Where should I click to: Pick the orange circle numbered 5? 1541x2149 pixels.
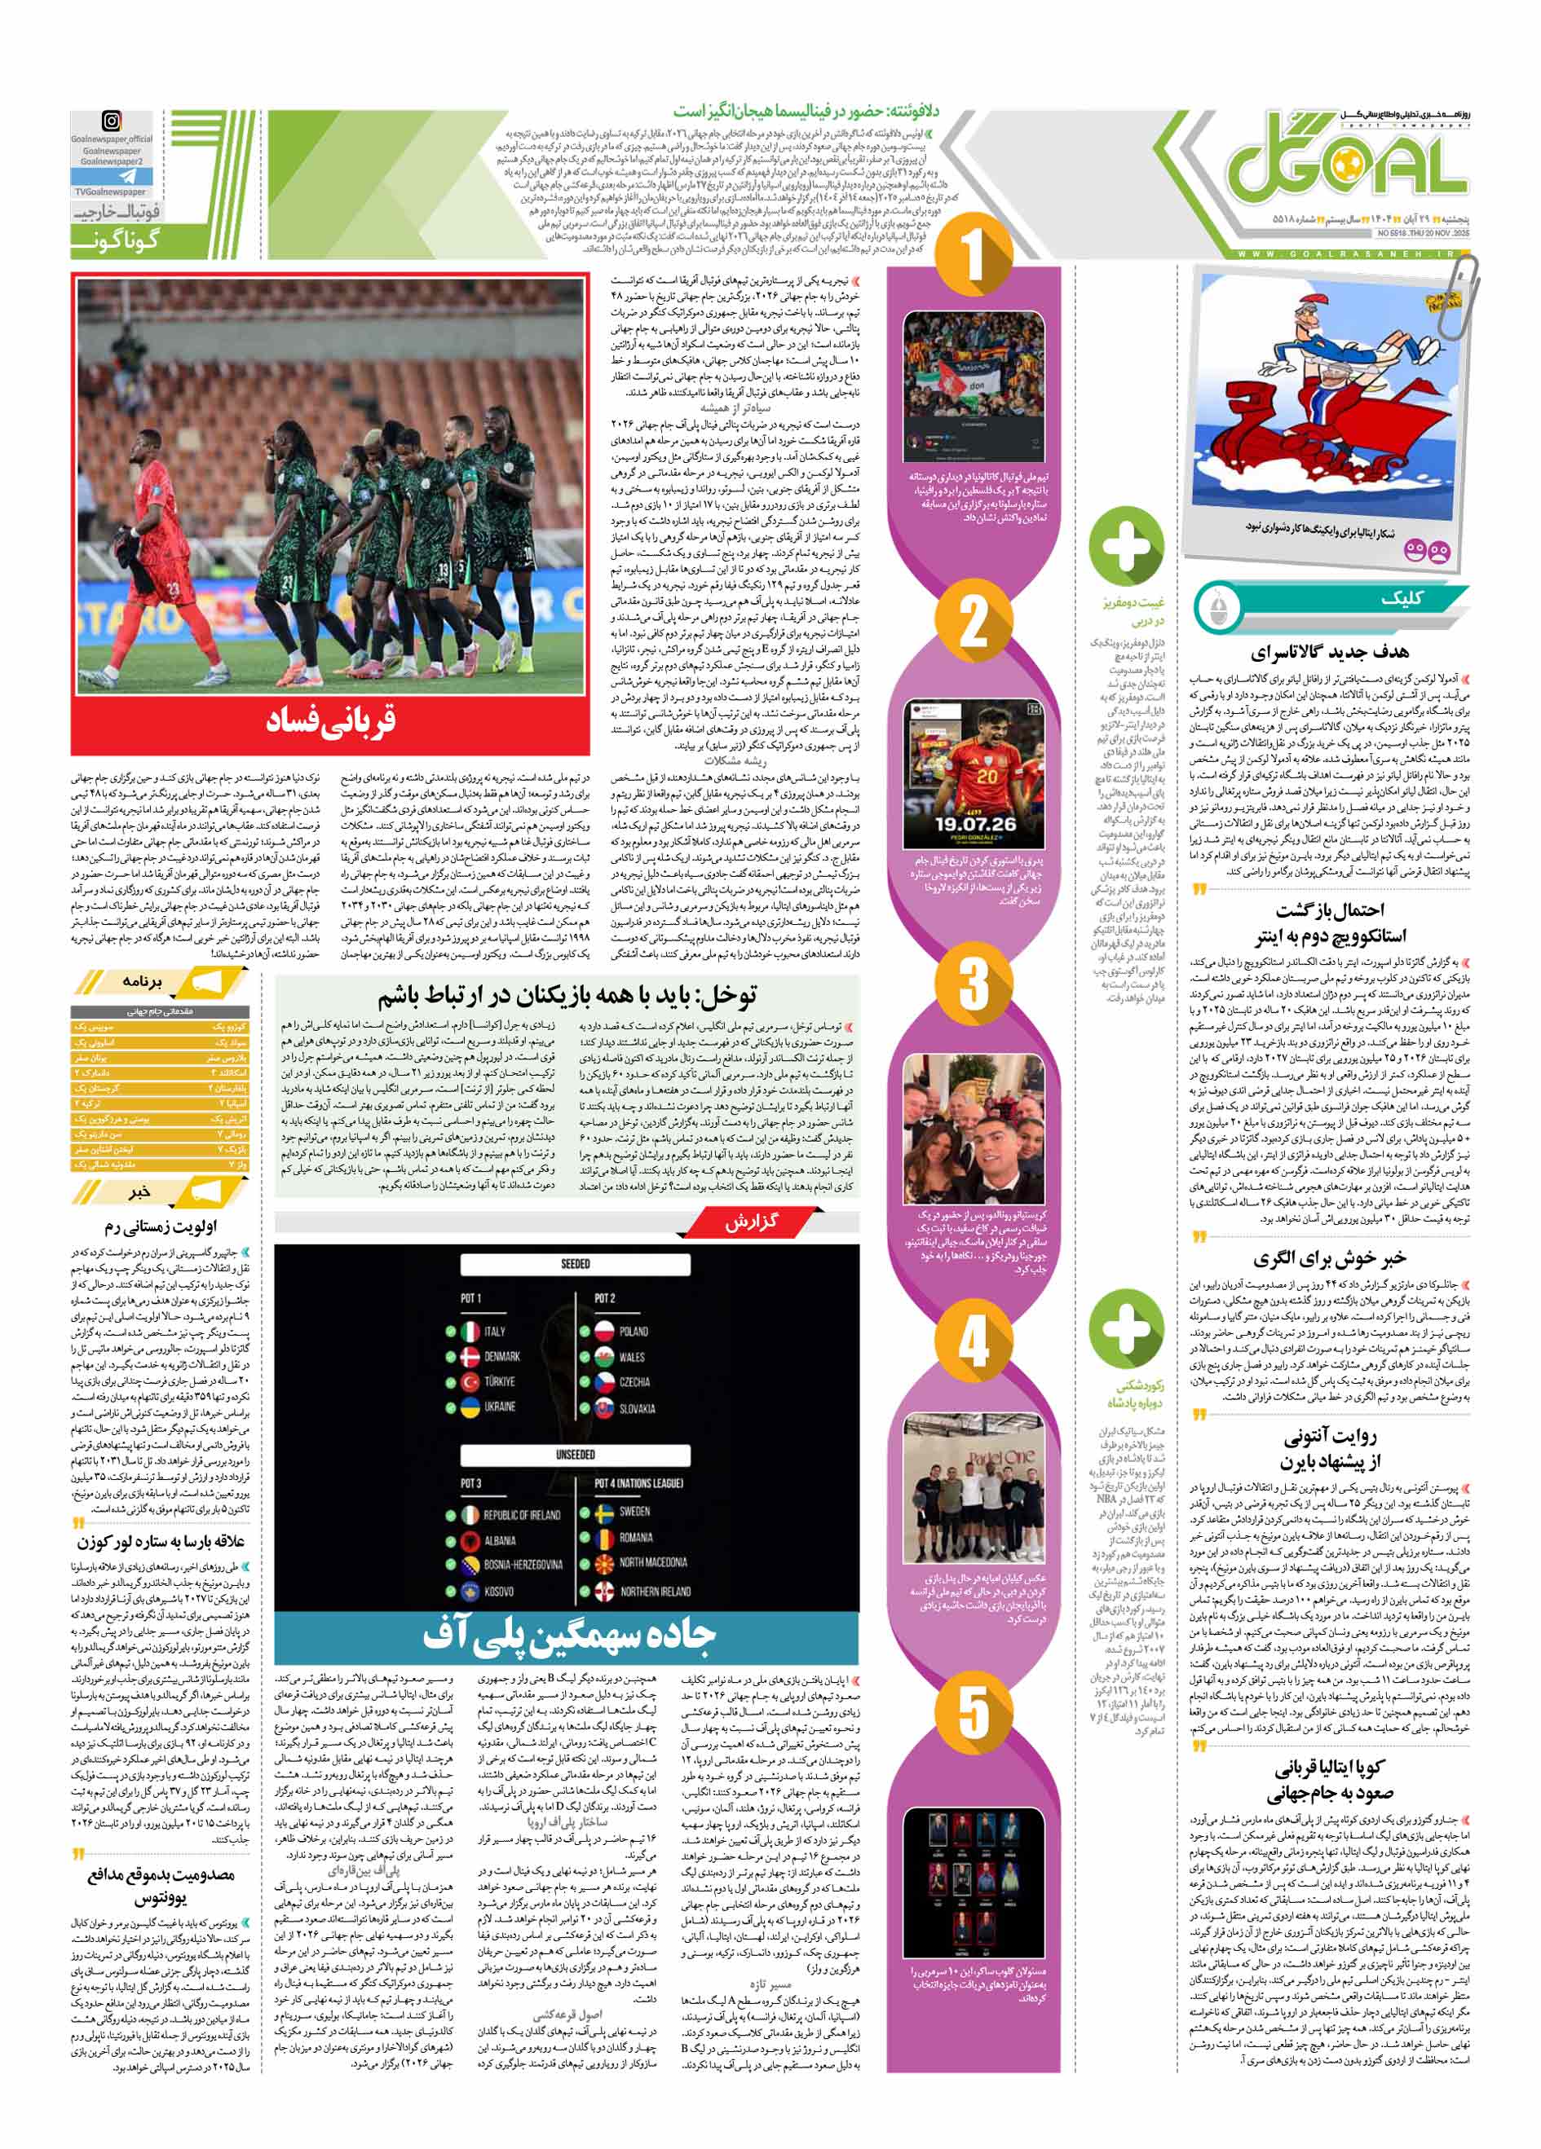[974, 1711]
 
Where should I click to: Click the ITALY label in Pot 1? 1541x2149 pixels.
[495, 1330]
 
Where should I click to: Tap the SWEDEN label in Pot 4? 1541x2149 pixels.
[634, 1512]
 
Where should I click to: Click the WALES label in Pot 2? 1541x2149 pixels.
[631, 1356]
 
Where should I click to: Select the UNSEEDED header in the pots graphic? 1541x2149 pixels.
[576, 1454]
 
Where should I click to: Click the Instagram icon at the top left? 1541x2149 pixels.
[111, 121]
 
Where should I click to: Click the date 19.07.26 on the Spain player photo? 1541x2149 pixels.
[974, 823]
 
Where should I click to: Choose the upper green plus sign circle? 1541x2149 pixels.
[1125, 547]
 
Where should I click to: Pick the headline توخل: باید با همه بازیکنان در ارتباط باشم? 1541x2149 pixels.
[567, 996]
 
